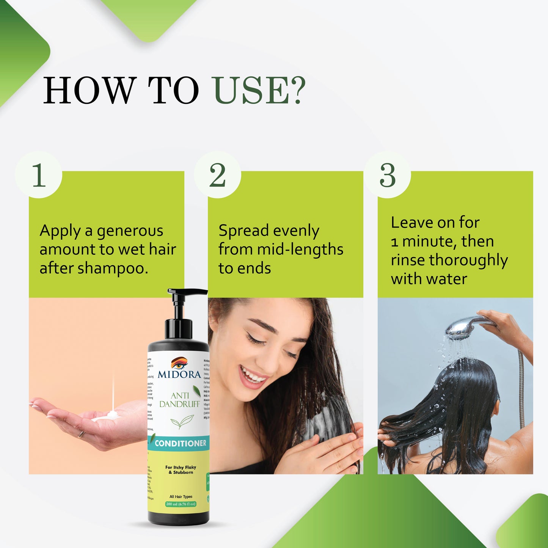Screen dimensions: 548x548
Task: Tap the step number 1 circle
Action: tap(39, 175)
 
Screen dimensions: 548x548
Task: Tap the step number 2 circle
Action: tap(217, 175)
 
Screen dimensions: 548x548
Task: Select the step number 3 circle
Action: tap(387, 175)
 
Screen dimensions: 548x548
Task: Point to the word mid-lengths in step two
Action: tap(300, 250)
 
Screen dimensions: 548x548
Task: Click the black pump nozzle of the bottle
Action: tap(187, 292)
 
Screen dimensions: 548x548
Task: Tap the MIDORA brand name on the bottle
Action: tap(179, 374)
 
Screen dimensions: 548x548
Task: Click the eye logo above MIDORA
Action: tap(179, 363)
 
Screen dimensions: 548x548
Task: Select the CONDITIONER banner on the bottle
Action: tap(180, 443)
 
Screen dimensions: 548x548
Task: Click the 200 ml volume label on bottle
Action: tap(181, 504)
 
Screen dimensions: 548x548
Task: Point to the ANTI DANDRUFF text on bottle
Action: tap(179, 400)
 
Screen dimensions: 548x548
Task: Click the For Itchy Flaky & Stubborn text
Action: tap(181, 470)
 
